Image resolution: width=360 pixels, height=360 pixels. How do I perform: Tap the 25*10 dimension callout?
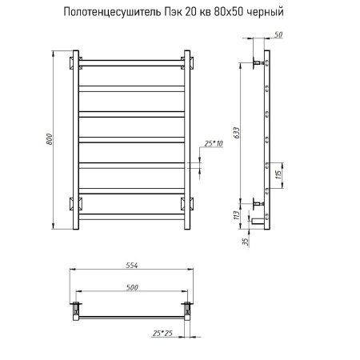pyautogui.click(x=213, y=142)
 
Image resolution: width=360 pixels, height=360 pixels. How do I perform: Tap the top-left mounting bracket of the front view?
pyautogui.click(x=76, y=62)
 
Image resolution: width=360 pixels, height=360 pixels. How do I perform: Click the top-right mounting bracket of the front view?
pyautogui.click(x=187, y=62)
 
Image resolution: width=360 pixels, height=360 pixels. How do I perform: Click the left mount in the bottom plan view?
pyautogui.click(x=77, y=307)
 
